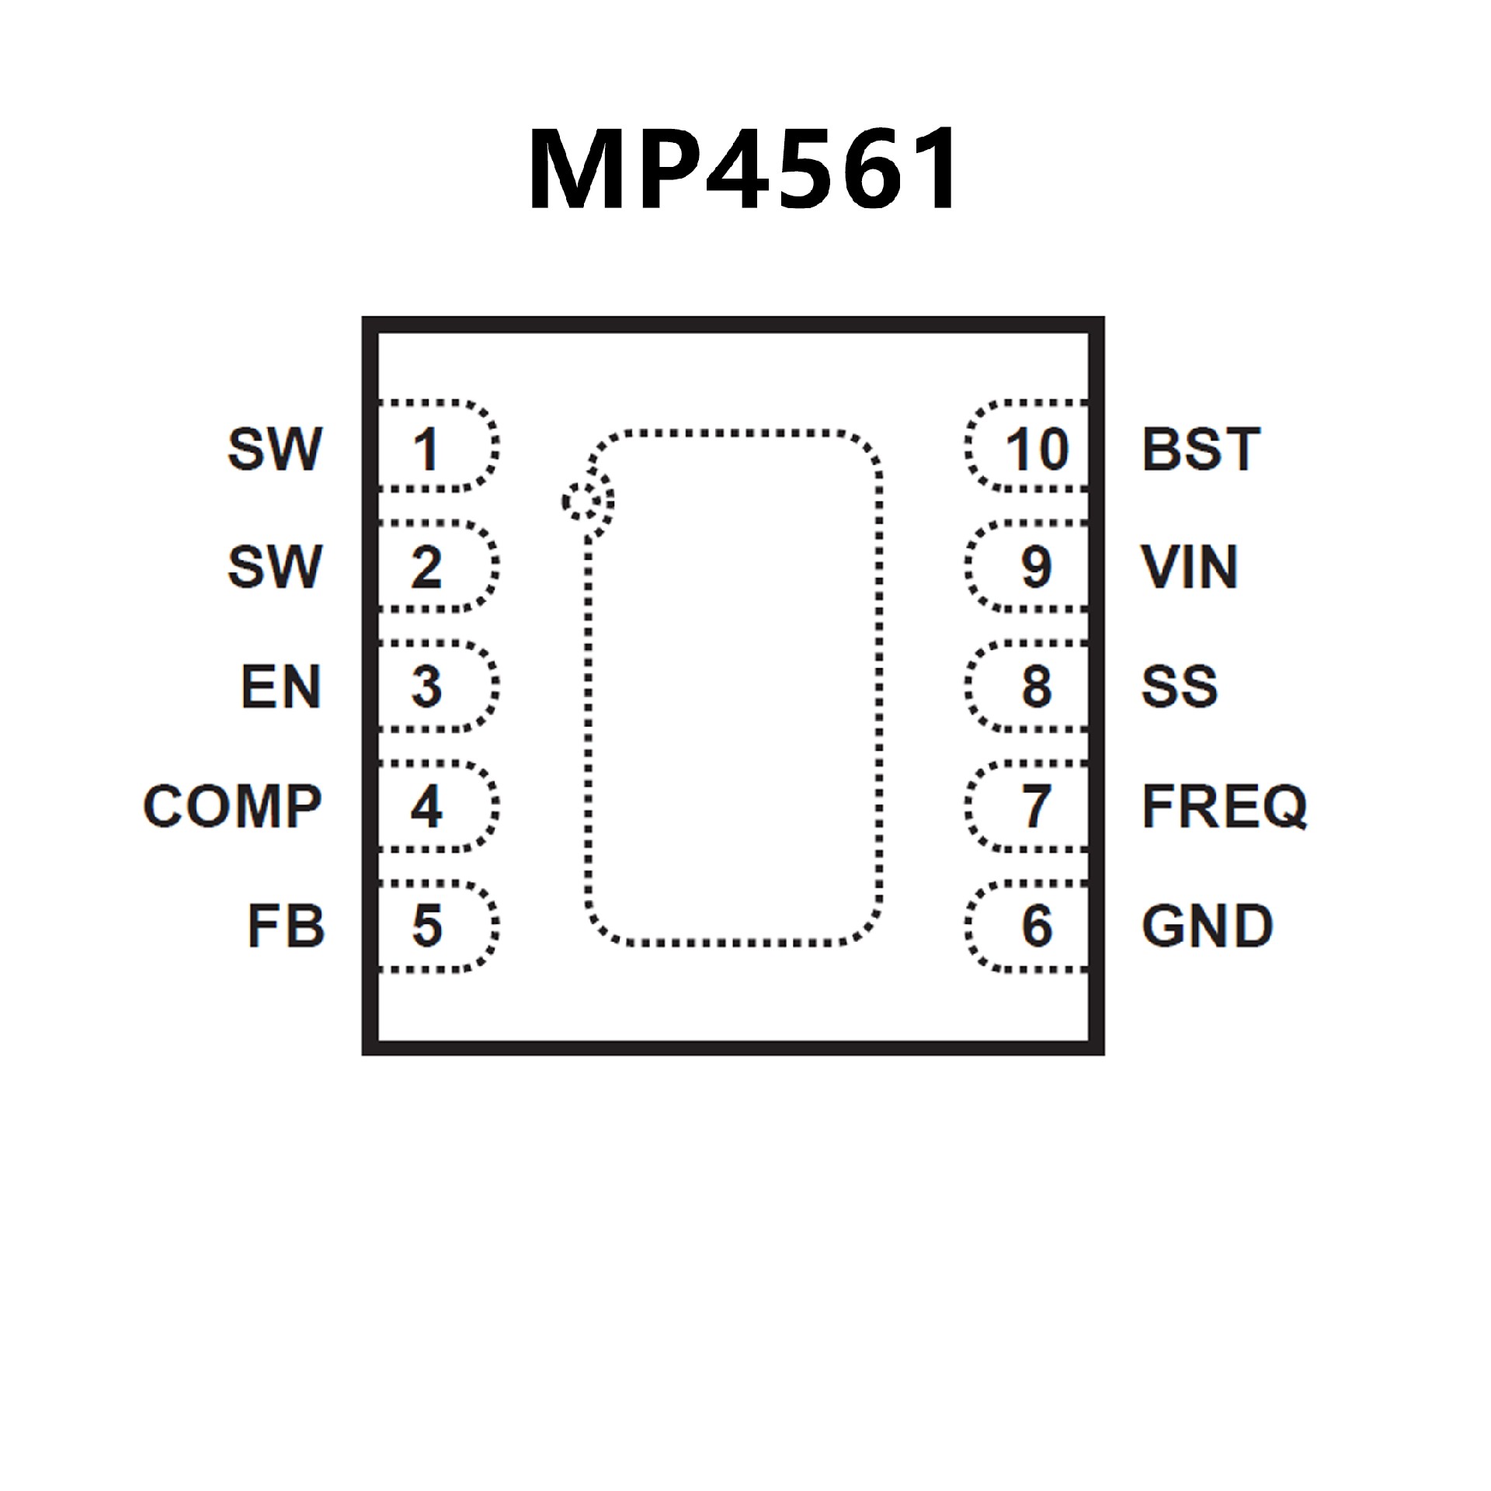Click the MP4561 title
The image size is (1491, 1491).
point(744,169)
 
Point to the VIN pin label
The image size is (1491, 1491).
point(1189,568)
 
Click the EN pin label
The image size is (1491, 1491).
point(281,686)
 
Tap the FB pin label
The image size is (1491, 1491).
point(286,926)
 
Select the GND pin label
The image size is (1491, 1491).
point(1207,926)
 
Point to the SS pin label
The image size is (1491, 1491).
point(1179,686)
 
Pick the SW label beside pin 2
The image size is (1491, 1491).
point(275,568)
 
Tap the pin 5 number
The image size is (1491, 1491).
point(427,926)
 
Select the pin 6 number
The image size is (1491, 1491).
point(1037,926)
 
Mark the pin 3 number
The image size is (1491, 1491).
point(427,686)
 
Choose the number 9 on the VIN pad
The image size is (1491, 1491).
point(1037,568)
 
